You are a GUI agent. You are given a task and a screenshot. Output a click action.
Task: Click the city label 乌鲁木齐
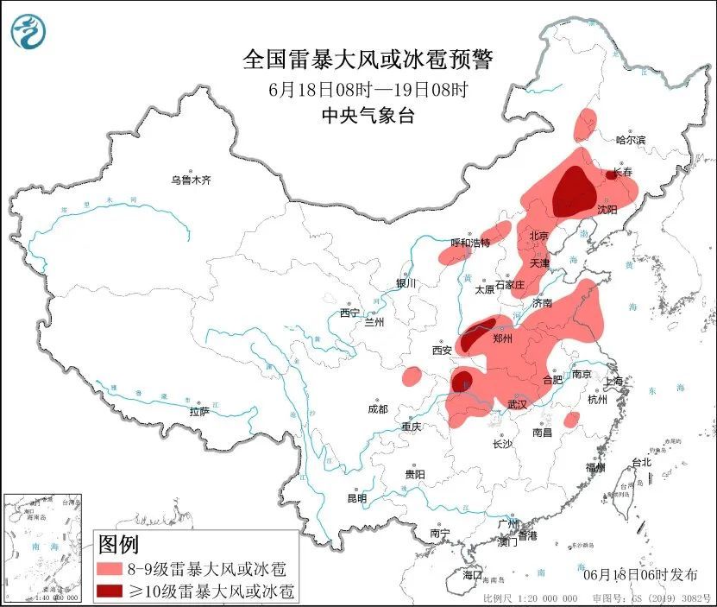point(190,180)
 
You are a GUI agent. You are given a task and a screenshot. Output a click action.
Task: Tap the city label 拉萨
point(199,412)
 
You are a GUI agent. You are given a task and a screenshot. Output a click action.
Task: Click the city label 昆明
point(356,498)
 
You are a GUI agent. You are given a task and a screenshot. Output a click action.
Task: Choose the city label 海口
point(472,575)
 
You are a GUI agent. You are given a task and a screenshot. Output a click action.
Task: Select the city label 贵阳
point(415,474)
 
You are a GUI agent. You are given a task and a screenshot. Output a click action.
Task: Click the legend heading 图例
point(118,545)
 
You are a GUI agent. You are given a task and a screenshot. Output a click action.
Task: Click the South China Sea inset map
point(43,547)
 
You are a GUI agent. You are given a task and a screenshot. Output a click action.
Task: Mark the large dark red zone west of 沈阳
point(571,189)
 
